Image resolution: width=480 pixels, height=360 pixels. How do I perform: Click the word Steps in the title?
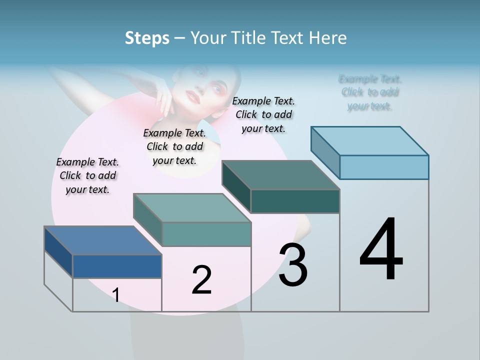click(147, 38)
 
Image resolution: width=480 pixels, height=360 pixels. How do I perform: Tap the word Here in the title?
click(328, 38)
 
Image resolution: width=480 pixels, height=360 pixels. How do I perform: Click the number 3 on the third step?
click(293, 265)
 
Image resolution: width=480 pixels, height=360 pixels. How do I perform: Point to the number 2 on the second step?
click(201, 280)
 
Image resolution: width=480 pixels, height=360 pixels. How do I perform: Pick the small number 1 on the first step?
click(116, 295)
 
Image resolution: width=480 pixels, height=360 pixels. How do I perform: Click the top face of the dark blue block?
click(102, 240)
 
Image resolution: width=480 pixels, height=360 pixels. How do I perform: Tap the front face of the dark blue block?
click(117, 266)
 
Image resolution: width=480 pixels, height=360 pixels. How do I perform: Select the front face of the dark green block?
click(295, 201)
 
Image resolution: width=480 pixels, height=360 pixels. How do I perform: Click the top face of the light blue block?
click(369, 140)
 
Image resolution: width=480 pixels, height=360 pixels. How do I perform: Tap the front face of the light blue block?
click(384, 167)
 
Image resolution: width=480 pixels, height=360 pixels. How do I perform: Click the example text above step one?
click(87, 175)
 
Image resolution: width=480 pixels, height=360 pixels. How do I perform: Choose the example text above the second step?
click(174, 146)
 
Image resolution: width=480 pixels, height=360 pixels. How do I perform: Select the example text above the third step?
click(263, 114)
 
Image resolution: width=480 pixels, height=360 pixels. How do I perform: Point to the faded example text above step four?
click(369, 92)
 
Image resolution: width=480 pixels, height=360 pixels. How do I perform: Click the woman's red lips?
click(193, 95)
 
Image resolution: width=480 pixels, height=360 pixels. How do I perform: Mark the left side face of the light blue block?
click(325, 152)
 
